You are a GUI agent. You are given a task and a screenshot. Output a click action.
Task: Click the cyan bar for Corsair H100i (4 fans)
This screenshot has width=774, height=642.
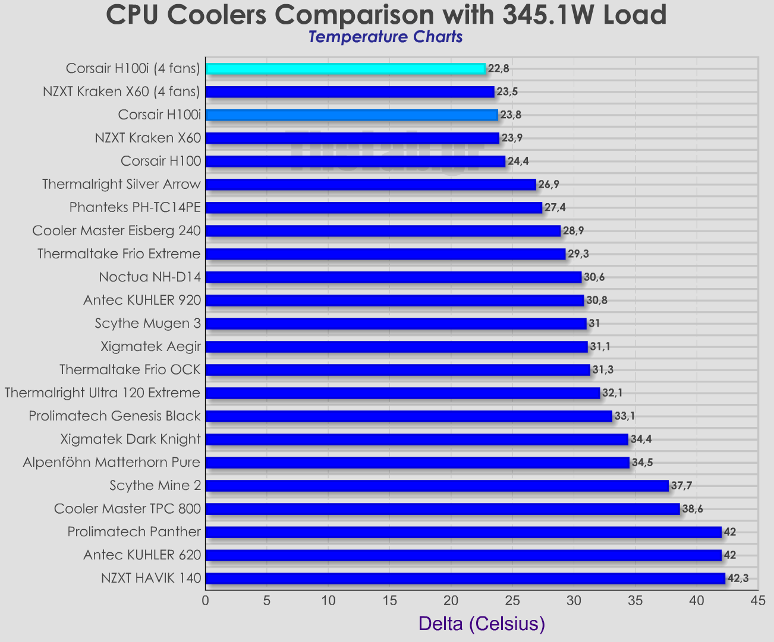click(345, 68)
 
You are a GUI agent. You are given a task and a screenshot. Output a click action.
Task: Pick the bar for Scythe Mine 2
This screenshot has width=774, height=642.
click(437, 486)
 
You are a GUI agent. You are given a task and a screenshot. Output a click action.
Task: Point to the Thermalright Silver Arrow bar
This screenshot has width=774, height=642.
click(370, 185)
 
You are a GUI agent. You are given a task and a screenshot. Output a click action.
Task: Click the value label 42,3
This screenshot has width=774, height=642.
click(738, 578)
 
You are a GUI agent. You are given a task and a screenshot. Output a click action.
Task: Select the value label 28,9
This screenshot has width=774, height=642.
click(574, 231)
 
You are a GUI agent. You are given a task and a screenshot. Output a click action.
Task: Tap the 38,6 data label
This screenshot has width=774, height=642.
click(693, 509)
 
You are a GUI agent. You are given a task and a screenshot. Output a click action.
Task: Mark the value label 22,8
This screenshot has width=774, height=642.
click(498, 68)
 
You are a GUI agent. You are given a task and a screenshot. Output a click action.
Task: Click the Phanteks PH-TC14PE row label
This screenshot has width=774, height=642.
click(135, 208)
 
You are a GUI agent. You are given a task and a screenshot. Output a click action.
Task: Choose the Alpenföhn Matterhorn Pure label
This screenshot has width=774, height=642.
click(112, 463)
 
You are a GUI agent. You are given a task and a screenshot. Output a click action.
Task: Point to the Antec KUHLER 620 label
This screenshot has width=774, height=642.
click(142, 555)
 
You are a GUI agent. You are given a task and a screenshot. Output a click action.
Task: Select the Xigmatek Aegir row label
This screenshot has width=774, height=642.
click(151, 347)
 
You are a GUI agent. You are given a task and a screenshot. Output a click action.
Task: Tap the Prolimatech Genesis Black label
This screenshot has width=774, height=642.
click(115, 416)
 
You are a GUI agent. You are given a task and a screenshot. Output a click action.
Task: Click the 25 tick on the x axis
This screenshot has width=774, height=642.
click(512, 601)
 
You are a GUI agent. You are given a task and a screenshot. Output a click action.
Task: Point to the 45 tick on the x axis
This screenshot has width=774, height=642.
click(758, 601)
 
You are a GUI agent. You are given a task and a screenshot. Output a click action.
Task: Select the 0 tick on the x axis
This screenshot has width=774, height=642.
click(206, 601)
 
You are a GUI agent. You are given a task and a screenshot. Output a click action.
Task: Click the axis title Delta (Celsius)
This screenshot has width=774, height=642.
click(482, 624)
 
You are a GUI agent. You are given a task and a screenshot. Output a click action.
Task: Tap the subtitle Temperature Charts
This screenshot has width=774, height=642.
click(385, 37)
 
